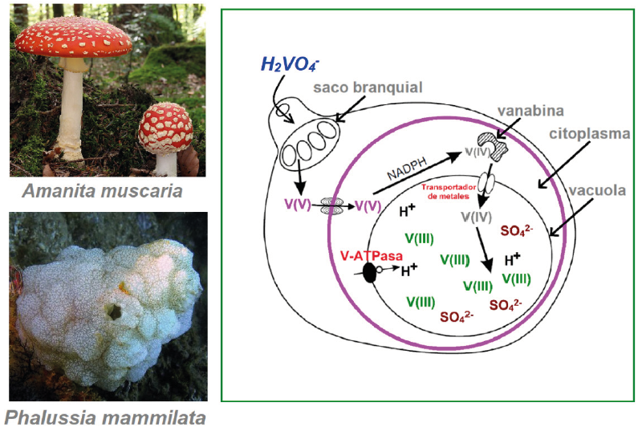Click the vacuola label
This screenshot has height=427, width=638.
[x=599, y=193]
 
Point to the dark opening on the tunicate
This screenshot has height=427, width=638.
[x=112, y=309]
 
